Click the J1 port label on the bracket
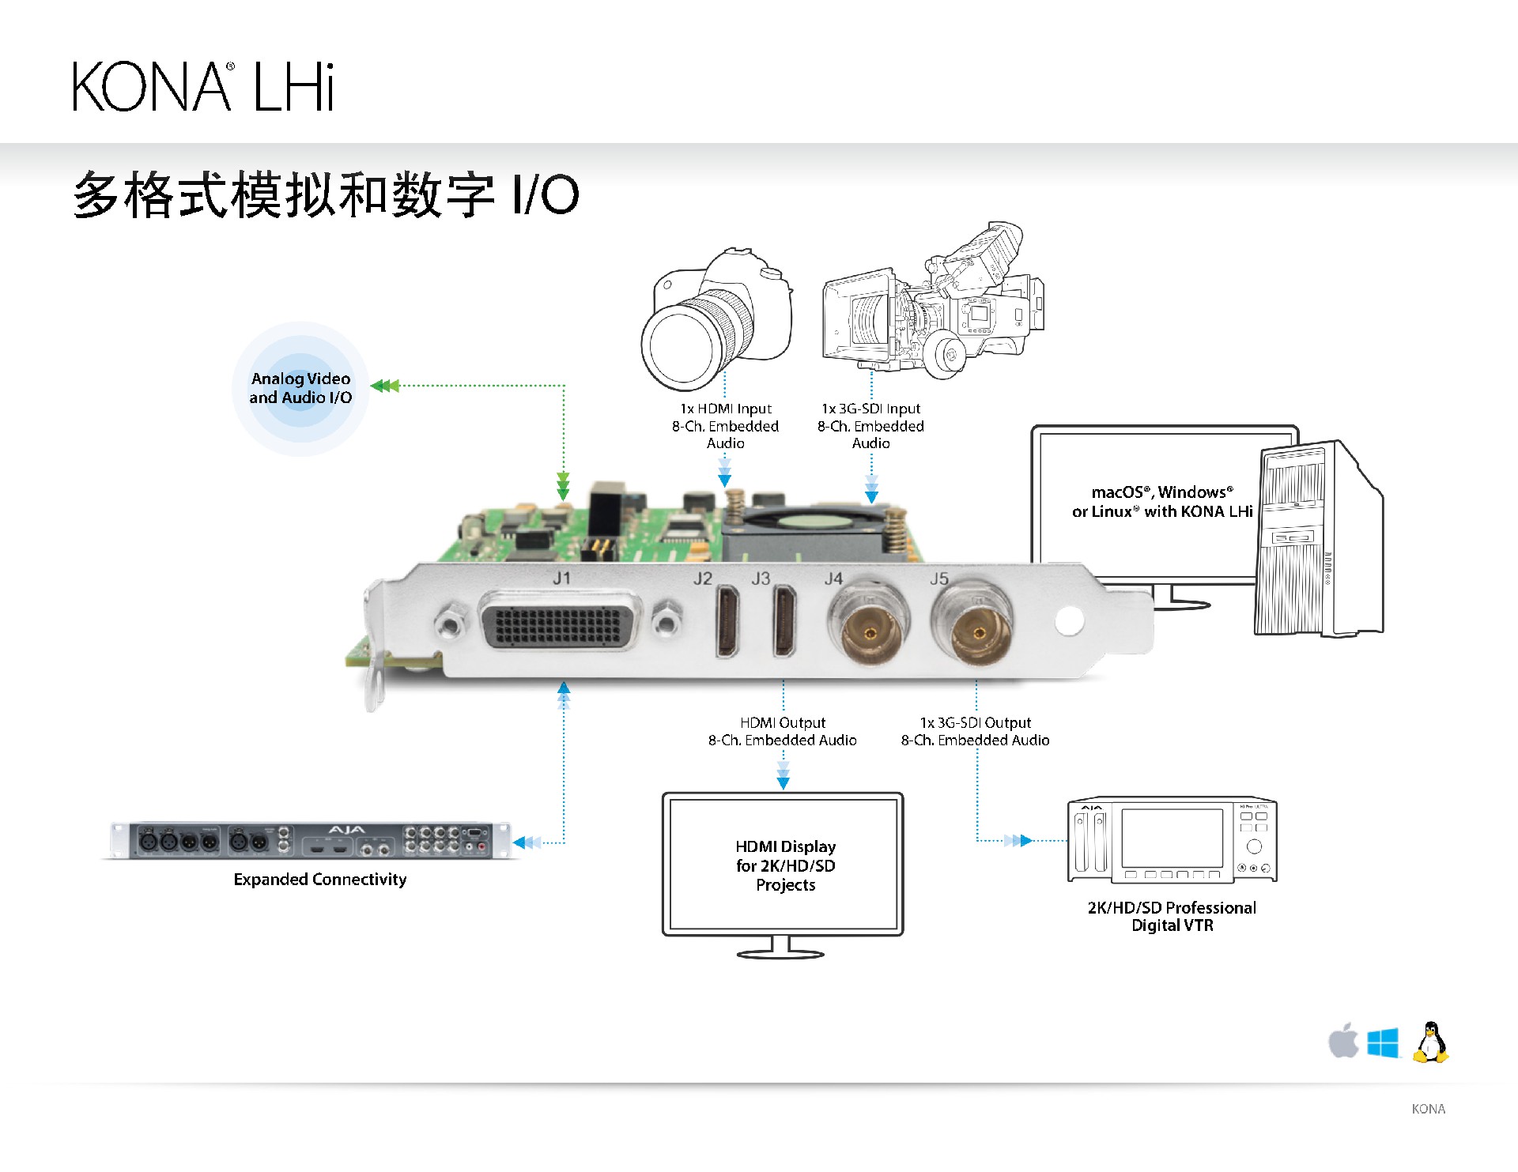[561, 578]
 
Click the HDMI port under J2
[727, 621]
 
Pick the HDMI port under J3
[784, 621]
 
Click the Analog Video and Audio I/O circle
[300, 388]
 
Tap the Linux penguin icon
[1430, 1042]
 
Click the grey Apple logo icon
[1342, 1041]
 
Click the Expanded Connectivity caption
[320, 880]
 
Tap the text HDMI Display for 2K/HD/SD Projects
[785, 865]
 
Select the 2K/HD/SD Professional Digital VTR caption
[1172, 917]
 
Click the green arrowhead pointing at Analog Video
[386, 386]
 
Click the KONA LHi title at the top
[203, 86]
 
